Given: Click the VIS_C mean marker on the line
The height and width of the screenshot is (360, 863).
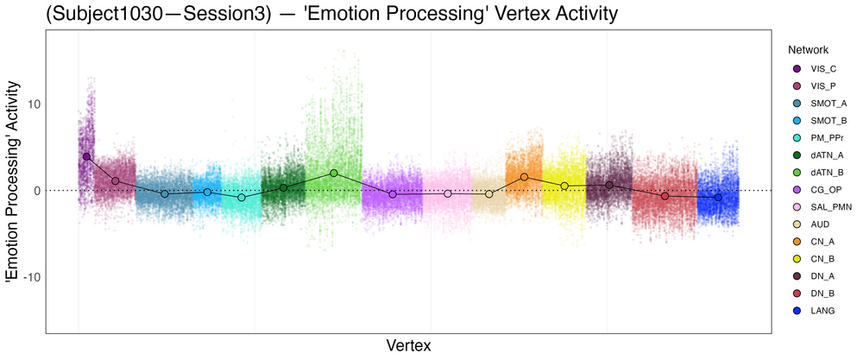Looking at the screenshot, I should pyautogui.click(x=86, y=157).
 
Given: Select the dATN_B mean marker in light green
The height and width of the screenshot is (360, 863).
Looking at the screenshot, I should pyautogui.click(x=334, y=173).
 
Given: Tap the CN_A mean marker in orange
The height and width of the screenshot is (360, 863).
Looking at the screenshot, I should pyautogui.click(x=524, y=177).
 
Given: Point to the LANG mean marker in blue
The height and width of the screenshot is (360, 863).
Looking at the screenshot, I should pyautogui.click(x=718, y=198).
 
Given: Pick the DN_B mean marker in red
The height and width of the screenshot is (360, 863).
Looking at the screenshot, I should pyautogui.click(x=665, y=196).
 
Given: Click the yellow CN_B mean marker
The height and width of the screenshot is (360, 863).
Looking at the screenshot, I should pyautogui.click(x=564, y=186).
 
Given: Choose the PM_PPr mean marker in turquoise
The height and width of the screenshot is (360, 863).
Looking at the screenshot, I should pyautogui.click(x=242, y=198).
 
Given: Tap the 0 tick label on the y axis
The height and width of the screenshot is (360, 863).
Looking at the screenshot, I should pyautogui.click(x=35, y=191).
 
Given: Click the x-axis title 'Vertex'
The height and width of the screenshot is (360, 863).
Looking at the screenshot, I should pyautogui.click(x=407, y=344).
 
